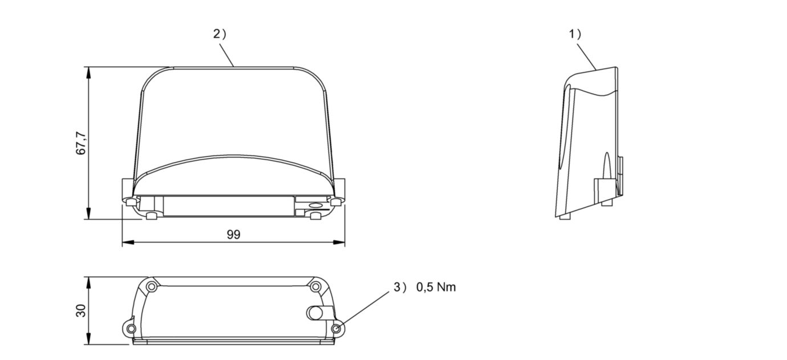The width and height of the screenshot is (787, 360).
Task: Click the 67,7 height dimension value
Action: (82, 143)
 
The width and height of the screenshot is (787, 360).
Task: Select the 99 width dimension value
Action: (233, 234)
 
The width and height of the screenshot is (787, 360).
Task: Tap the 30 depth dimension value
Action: (82, 311)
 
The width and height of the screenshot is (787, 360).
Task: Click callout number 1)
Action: (574, 34)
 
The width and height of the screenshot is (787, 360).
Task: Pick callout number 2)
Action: (220, 34)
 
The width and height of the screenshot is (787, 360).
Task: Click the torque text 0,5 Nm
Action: (436, 288)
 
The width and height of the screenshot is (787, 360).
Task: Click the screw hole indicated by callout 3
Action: (338, 329)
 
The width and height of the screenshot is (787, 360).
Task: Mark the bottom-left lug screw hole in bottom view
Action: (131, 329)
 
